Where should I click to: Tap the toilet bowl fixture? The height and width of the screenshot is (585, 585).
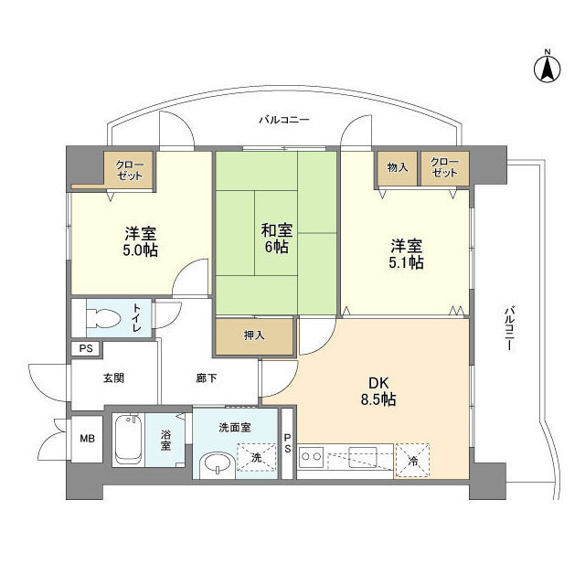(x=103, y=319)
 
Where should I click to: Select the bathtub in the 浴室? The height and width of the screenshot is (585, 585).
(x=128, y=440)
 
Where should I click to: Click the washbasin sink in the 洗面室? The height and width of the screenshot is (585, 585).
(x=217, y=465)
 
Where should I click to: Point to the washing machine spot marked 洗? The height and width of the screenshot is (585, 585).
(x=256, y=457)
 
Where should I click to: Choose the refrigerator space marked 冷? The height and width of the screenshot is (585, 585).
(x=412, y=460)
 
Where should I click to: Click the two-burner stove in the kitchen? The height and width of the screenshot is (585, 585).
(x=312, y=456)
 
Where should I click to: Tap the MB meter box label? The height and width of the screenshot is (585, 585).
(x=88, y=439)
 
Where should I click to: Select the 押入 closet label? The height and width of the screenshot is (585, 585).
(x=254, y=335)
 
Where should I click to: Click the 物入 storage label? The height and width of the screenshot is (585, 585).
(x=398, y=167)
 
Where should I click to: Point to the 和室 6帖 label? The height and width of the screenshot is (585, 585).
(x=276, y=238)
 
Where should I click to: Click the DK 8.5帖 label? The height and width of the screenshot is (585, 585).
(x=378, y=390)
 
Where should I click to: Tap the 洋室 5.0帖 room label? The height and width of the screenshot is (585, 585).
(x=140, y=241)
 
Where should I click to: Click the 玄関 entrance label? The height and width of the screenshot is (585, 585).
(x=113, y=378)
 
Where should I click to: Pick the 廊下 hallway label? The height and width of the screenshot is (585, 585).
(x=207, y=378)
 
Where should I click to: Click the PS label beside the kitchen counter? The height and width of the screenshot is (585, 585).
(x=287, y=442)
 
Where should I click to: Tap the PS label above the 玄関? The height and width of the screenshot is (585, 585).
(x=86, y=349)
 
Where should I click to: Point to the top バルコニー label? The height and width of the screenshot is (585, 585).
(x=284, y=120)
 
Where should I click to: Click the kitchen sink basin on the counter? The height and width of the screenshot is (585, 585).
(x=363, y=456)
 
